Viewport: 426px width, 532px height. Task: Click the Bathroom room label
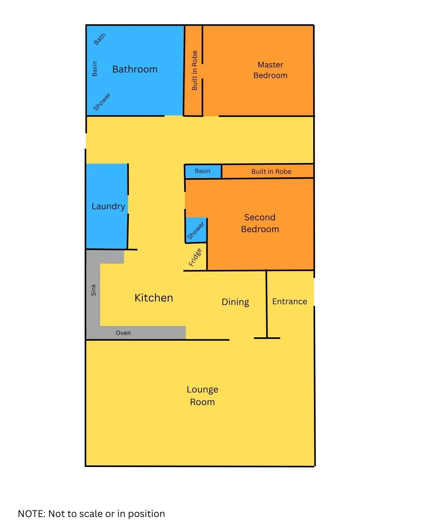135,69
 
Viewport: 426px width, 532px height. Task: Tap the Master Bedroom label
270,70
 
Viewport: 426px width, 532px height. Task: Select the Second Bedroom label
260,223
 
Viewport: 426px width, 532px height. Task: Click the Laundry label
108,206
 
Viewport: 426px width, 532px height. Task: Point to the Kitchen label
154,298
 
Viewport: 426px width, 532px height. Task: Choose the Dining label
235,302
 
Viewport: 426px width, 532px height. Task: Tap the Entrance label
290,301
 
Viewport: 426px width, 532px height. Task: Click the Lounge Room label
202,396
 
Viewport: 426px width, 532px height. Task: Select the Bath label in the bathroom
100,39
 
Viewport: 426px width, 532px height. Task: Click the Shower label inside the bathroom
102,102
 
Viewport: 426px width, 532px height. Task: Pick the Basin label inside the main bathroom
95,69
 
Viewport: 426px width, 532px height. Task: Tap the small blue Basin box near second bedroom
203,171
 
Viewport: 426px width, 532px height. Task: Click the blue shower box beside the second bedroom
196,230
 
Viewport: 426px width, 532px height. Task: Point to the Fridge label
195,257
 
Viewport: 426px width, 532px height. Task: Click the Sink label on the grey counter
93,290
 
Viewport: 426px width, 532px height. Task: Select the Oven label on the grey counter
123,333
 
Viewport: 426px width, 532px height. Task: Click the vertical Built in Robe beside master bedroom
194,71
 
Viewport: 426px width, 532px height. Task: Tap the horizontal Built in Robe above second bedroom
271,171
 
